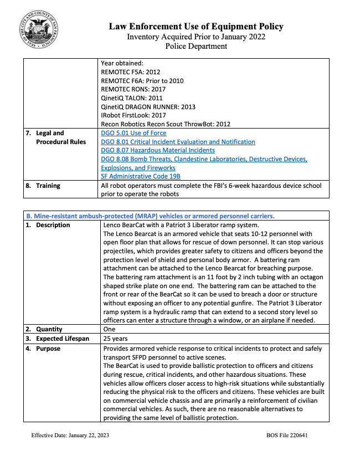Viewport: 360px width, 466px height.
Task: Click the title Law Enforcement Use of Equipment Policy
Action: (x=196, y=26)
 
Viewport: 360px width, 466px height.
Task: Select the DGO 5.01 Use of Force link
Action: (x=133, y=133)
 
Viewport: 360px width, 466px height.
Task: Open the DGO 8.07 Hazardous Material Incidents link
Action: (x=158, y=150)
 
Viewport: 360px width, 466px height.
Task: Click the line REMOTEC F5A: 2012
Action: (x=131, y=72)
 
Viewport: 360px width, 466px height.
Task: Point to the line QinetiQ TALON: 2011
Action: (x=132, y=98)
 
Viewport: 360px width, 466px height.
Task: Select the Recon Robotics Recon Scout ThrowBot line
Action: (x=166, y=124)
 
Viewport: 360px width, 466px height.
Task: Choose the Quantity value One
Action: (x=110, y=329)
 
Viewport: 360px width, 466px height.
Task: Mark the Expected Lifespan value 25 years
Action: (x=116, y=339)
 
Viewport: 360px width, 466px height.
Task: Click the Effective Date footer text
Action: (x=70, y=435)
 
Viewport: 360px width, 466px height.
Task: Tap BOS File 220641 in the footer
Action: (x=287, y=435)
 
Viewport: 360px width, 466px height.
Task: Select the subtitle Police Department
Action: (x=196, y=46)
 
